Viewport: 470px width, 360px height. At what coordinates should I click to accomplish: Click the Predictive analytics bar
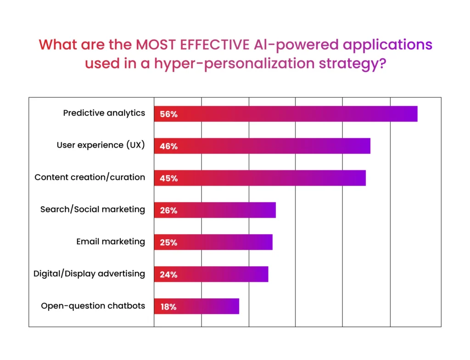pos(285,114)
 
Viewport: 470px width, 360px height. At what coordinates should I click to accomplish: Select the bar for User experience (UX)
pos(262,146)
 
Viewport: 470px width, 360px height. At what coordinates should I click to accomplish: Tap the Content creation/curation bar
pos(260,178)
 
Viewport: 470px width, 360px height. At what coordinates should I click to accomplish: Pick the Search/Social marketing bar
pos(215,210)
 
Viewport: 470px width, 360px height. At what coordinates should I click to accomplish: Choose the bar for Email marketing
pos(213,242)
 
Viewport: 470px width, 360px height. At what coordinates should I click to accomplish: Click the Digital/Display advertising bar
pos(211,274)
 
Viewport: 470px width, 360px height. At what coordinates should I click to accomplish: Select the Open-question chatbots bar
pos(196,306)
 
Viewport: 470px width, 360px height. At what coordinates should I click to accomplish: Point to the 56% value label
pos(168,114)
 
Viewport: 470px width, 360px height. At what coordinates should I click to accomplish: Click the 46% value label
pos(168,146)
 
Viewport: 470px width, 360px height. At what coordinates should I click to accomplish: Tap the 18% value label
pos(168,307)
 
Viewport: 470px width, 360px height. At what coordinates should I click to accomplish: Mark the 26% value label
pos(168,210)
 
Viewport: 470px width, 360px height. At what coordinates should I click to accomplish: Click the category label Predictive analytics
pos(104,113)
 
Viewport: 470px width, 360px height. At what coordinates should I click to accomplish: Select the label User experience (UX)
pos(101,145)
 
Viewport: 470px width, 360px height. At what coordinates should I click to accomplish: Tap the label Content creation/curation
pos(90,177)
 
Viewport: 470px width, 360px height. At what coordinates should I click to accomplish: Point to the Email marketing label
pos(110,242)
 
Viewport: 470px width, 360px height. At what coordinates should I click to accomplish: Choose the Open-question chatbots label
pos(93,306)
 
